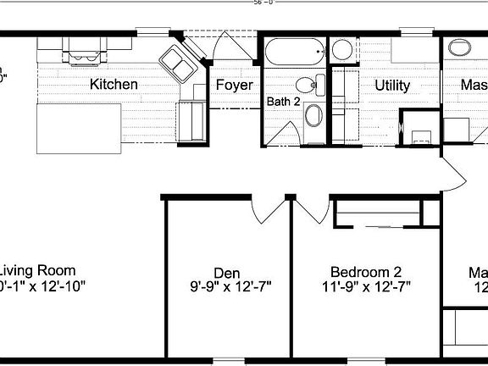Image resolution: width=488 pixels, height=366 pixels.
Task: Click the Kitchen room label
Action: (x=114, y=85)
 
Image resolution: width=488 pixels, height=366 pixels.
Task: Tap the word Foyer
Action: (x=234, y=85)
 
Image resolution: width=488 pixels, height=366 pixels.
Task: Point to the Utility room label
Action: (x=391, y=85)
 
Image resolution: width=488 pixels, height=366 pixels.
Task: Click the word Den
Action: (x=226, y=272)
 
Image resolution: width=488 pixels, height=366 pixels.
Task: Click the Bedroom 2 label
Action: (x=365, y=272)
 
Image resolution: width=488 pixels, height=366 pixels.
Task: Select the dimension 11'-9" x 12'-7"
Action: (x=365, y=286)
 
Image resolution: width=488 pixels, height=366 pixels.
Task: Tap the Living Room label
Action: (x=38, y=272)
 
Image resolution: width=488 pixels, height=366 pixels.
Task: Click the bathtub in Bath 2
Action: (x=293, y=53)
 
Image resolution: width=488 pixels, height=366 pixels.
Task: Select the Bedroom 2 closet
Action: (x=379, y=213)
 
